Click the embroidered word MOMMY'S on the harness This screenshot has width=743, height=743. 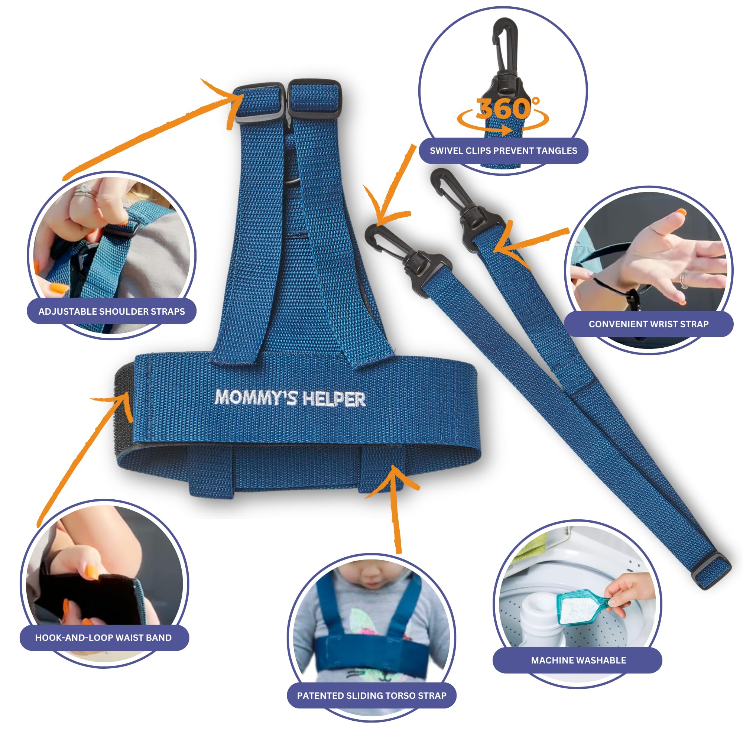point(256,397)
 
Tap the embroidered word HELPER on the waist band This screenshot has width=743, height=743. point(334,399)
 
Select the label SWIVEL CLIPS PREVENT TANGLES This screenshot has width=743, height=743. point(503,151)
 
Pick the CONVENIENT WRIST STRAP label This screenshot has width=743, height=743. point(648,324)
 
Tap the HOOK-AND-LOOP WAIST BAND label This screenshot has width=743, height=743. point(103,637)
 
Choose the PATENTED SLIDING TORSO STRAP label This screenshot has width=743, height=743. point(371,695)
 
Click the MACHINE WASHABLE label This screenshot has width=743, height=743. point(578,660)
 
